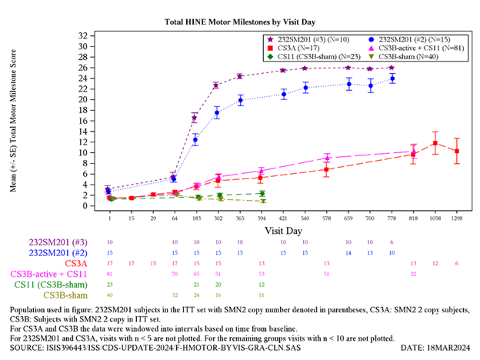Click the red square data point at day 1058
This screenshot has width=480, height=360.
pos(435,143)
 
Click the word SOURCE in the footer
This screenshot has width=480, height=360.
pos(25,348)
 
